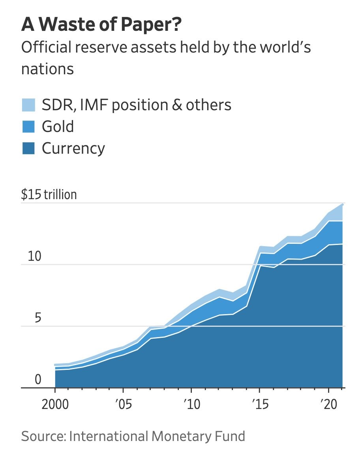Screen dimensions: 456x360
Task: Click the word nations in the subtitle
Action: (47, 69)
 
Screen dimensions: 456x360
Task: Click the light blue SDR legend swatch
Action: (28, 105)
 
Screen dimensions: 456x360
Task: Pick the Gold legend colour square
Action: (28, 127)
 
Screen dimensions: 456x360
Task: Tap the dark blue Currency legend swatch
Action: (28, 149)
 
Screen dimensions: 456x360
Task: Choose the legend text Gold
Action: (58, 127)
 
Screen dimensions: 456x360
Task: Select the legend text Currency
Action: (73, 149)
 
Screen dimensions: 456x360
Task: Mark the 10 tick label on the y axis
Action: (34, 256)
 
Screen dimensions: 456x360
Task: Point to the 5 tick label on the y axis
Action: (37, 318)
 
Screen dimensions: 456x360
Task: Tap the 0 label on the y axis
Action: (37, 380)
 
